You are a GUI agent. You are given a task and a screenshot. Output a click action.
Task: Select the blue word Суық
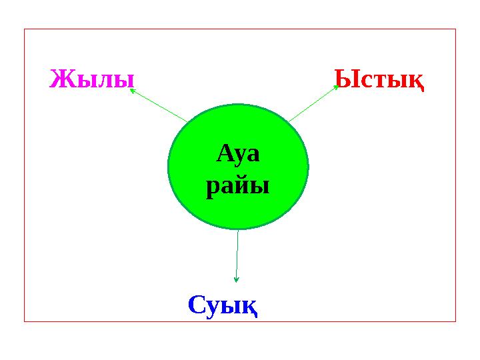click(x=223, y=305)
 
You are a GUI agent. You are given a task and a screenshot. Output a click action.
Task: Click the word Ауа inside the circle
click(x=238, y=155)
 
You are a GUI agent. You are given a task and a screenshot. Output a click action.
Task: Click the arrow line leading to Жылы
click(x=160, y=106)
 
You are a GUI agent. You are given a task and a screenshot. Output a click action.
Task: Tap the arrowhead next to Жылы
click(x=132, y=90)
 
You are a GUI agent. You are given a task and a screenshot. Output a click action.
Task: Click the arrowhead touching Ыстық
click(x=337, y=87)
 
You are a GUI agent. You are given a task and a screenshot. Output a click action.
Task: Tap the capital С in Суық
click(x=196, y=305)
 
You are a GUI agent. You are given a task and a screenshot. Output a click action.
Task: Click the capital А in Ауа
click(x=225, y=155)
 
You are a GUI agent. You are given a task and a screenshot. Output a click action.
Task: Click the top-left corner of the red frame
click(x=25, y=29)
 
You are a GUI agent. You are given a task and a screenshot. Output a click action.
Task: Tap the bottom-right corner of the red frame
click(x=455, y=321)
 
